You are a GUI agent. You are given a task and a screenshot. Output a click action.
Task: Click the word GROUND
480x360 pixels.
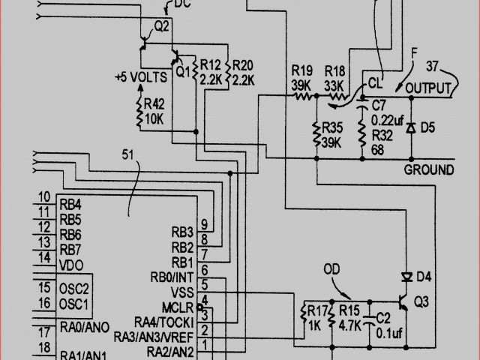click(x=429, y=169)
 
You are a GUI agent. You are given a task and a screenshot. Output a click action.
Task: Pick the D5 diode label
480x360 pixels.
click(x=427, y=127)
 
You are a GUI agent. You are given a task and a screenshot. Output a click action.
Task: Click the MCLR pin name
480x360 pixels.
click(x=178, y=307)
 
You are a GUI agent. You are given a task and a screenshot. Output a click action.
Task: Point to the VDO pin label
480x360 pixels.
click(x=70, y=265)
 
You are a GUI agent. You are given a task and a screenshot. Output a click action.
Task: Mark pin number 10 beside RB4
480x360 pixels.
click(x=44, y=196)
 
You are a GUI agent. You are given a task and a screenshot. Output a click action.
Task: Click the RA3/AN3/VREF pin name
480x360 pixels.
click(x=154, y=337)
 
